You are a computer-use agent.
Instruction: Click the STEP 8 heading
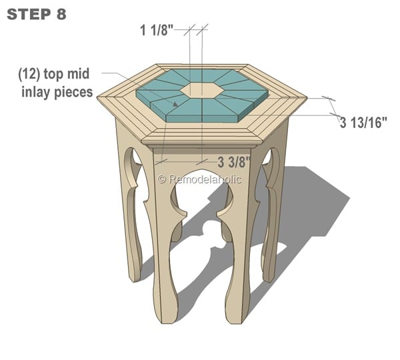tap(37, 14)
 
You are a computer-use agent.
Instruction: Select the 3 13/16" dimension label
tap(363, 123)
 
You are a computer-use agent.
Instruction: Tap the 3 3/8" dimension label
tap(234, 161)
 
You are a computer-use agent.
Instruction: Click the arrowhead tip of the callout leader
tap(177, 105)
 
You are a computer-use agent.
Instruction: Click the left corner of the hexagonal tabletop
tap(99, 99)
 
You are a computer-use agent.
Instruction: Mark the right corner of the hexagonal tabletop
tap(307, 99)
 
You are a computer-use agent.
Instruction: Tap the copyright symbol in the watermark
tap(161, 179)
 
